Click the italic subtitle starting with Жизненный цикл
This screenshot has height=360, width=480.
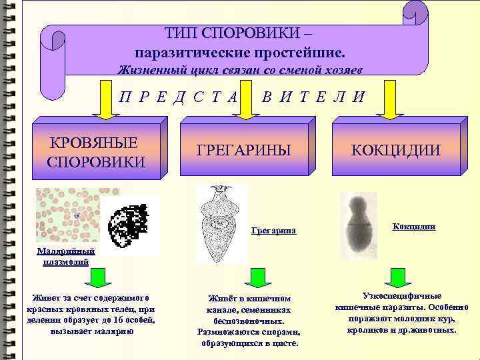[240, 69]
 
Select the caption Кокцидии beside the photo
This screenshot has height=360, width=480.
[414, 227]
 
